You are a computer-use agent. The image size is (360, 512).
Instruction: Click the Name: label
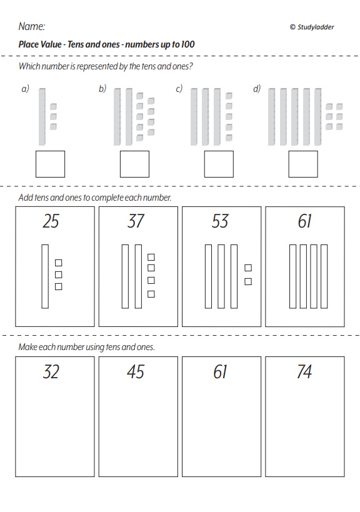click(x=32, y=26)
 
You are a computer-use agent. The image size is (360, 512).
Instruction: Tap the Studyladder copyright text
click(x=312, y=27)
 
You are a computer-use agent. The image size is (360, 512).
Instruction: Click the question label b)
click(x=102, y=89)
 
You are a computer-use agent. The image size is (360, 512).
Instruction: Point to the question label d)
click(x=257, y=89)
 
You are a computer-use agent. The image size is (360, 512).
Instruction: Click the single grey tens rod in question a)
click(x=42, y=116)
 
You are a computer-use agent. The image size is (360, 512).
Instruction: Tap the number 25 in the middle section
click(x=51, y=221)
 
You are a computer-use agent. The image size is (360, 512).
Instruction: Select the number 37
click(x=136, y=221)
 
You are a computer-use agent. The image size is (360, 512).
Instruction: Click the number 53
click(x=219, y=221)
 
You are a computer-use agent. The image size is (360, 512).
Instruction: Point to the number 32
click(x=51, y=371)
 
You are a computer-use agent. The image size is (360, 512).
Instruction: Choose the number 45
click(x=136, y=371)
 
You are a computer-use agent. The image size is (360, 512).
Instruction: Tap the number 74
click(x=304, y=371)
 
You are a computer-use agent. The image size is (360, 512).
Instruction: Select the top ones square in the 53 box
click(x=248, y=268)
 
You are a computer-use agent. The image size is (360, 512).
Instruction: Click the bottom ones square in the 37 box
click(x=151, y=294)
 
